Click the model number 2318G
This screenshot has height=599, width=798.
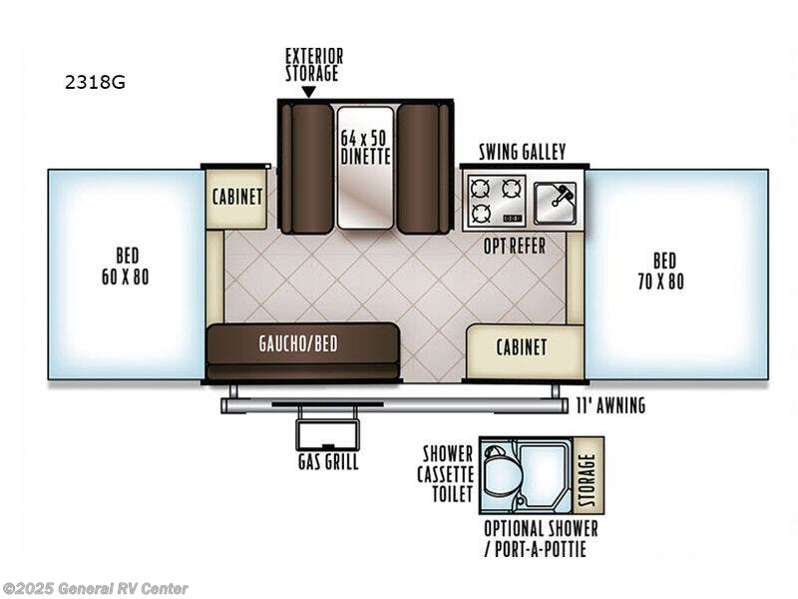point(95,82)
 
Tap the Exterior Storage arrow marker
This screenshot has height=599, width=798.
point(308,92)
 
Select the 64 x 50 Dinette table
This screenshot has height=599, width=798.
point(365,168)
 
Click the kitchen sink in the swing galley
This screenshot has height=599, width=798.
point(556,204)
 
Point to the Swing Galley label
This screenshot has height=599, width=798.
point(522,152)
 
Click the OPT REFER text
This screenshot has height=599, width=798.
point(514,246)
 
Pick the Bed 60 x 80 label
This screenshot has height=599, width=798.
point(126,267)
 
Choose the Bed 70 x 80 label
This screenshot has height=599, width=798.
point(661,271)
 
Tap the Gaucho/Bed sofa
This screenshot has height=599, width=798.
point(303,351)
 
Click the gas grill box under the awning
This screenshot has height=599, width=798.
point(328,435)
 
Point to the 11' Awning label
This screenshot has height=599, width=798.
point(610,405)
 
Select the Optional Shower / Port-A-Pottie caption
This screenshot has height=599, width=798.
point(541,539)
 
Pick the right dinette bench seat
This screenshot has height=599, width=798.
point(423,169)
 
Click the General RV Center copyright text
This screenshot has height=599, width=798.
point(95,589)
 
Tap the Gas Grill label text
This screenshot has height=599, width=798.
point(328,462)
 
